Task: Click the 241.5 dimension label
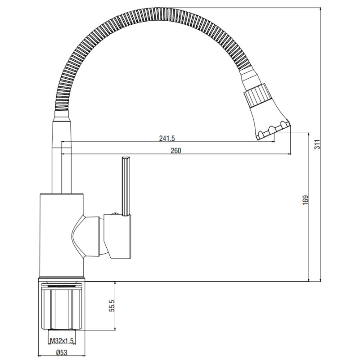pyautogui.click(x=167, y=138)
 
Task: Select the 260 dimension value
pyautogui.click(x=176, y=151)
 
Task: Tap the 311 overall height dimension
pyautogui.click(x=317, y=144)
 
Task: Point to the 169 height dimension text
pyautogui.click(x=306, y=200)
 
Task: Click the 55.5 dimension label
pyautogui.click(x=112, y=306)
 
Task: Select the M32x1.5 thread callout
pyautogui.click(x=62, y=341)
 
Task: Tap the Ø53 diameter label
pyautogui.click(x=62, y=352)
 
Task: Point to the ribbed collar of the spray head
pyautogui.click(x=256, y=96)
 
